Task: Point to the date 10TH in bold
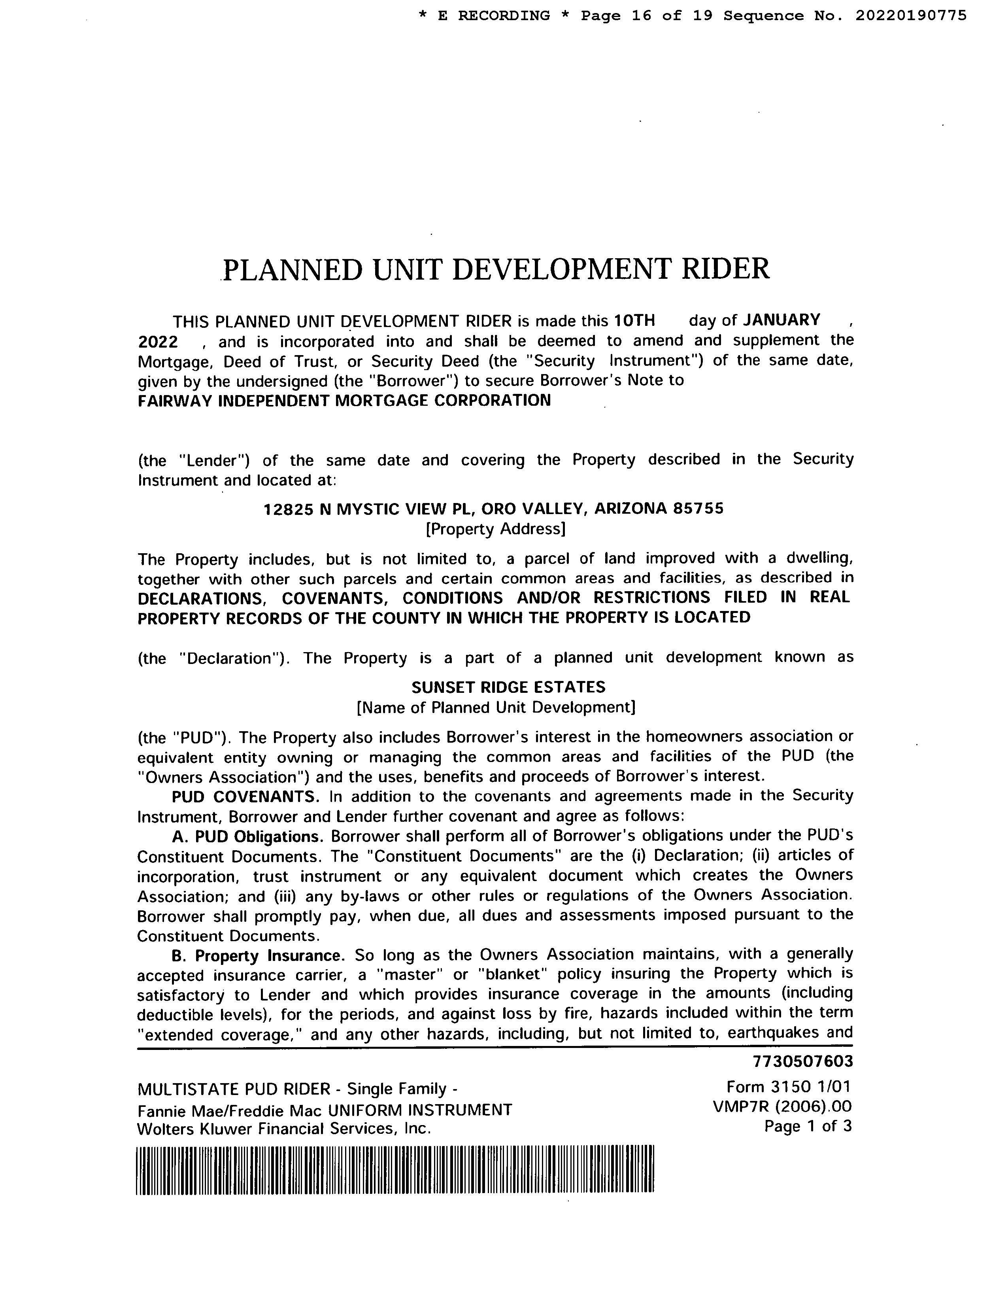(x=635, y=321)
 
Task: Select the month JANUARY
(x=781, y=320)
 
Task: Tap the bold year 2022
(x=158, y=342)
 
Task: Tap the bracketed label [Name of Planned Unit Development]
(x=496, y=707)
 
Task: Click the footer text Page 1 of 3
(x=808, y=1126)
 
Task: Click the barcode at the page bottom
(x=395, y=1169)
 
